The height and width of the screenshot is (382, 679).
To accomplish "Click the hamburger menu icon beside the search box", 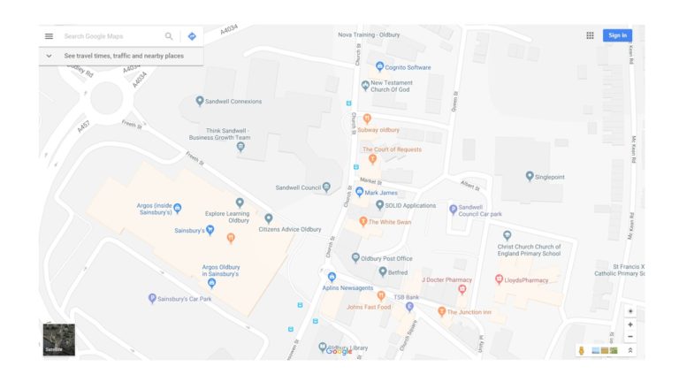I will tap(49, 36).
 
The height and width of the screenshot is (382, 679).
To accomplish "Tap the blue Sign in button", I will tap(617, 35).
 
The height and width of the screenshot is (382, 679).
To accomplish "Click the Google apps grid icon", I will tap(590, 35).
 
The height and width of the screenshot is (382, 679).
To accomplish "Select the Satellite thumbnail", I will tap(59, 340).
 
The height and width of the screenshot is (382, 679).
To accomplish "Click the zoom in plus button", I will tap(629, 325).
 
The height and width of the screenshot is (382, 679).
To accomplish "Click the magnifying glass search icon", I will tap(169, 36).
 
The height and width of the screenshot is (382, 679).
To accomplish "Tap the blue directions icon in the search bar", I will tap(192, 36).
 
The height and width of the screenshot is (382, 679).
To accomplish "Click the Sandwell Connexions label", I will tap(233, 102).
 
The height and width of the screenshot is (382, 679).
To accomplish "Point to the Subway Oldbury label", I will tap(378, 130).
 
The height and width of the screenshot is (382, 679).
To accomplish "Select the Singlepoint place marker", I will tap(530, 176).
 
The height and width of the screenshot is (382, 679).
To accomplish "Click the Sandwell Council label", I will tap(298, 187).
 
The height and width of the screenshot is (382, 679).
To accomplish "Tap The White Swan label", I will tap(390, 221).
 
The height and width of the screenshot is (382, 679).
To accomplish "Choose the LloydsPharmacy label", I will tap(529, 279).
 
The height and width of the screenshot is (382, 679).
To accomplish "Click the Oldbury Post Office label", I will tap(386, 258).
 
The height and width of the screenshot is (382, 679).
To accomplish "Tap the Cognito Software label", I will tap(408, 67).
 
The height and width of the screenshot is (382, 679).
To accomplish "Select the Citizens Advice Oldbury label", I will tap(289, 229).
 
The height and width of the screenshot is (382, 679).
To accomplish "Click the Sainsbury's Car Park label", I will tap(185, 299).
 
